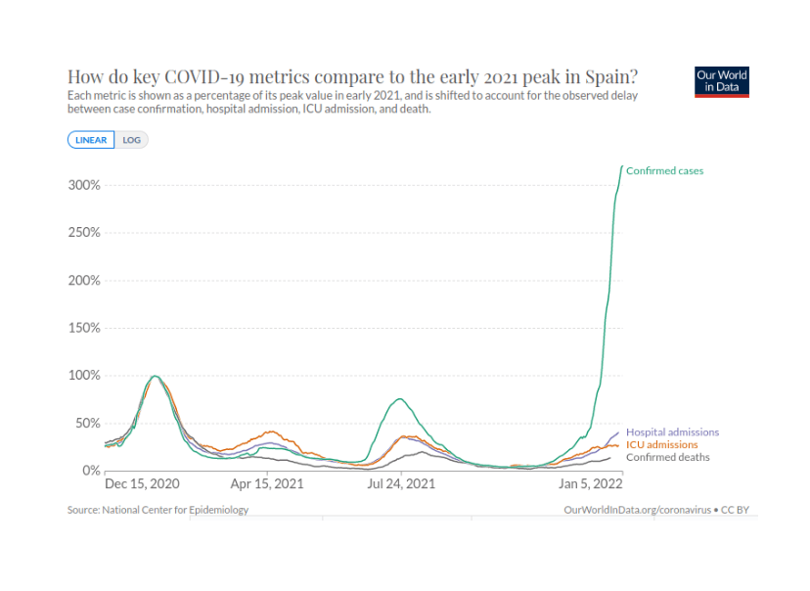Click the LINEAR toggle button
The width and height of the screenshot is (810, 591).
coord(91,140)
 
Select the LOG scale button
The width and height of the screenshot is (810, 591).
coord(131,140)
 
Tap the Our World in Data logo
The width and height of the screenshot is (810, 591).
coord(722,81)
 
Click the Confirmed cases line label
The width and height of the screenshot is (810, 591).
coord(665,171)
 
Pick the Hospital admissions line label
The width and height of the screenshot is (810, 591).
coord(673,432)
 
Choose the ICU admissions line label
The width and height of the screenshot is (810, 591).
coord(661,445)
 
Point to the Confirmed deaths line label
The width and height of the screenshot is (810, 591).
coord(668,457)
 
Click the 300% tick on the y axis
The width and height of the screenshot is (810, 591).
coord(84,185)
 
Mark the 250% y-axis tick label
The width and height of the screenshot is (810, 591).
coord(84,233)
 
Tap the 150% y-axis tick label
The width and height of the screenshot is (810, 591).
coord(84,328)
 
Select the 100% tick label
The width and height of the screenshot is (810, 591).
coord(84,376)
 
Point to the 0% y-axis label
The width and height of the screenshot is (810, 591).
coord(91,471)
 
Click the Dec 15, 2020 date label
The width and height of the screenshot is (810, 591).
coord(142,484)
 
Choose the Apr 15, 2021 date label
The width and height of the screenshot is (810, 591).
coord(267,484)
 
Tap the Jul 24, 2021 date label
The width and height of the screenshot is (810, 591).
coord(401,484)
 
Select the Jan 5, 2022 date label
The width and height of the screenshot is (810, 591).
coord(591,484)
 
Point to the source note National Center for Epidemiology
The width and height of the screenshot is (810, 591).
coord(175,510)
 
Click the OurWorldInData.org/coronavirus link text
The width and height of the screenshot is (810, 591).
coord(638,510)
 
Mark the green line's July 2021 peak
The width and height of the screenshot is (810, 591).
coord(400,399)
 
